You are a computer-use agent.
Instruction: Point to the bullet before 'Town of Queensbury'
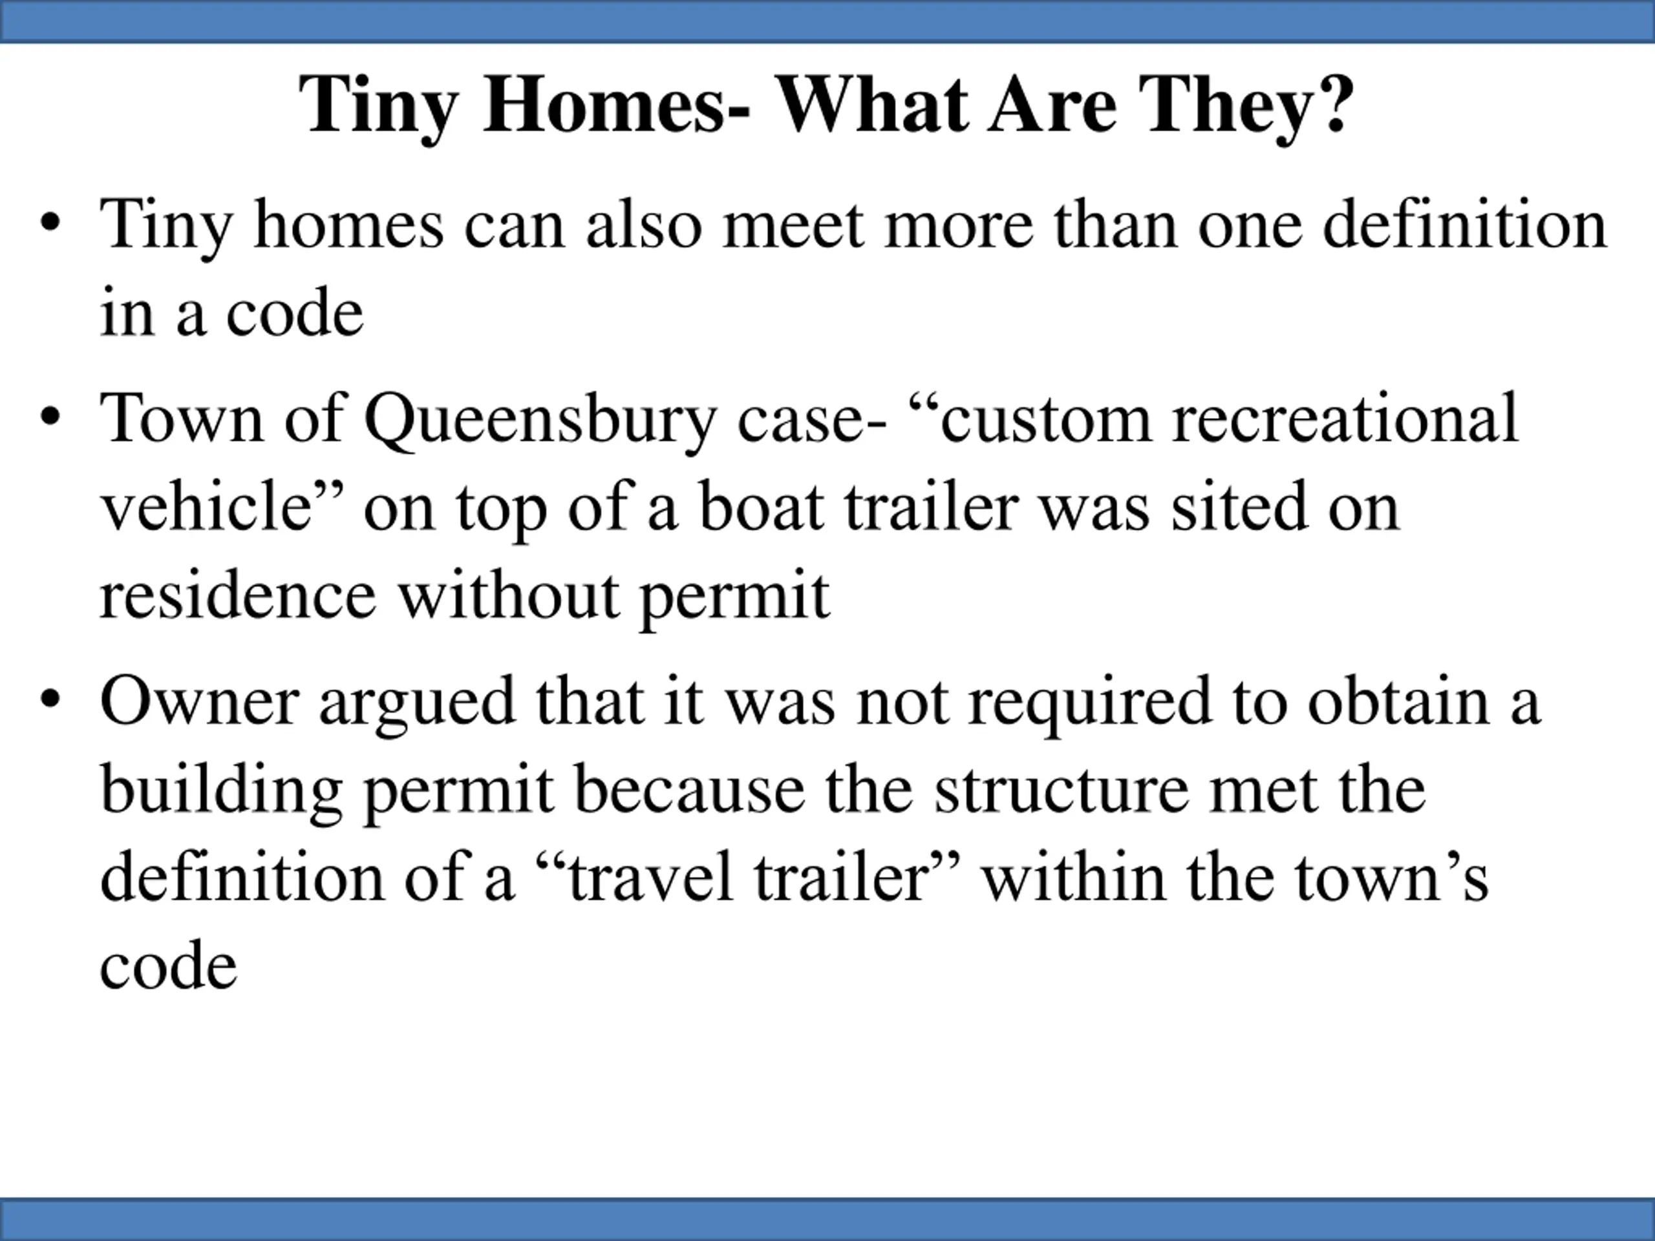51,418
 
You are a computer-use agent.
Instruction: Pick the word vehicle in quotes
206,507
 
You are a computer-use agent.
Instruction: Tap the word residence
237,595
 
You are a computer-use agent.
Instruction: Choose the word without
508,595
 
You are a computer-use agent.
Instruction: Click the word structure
1062,790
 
